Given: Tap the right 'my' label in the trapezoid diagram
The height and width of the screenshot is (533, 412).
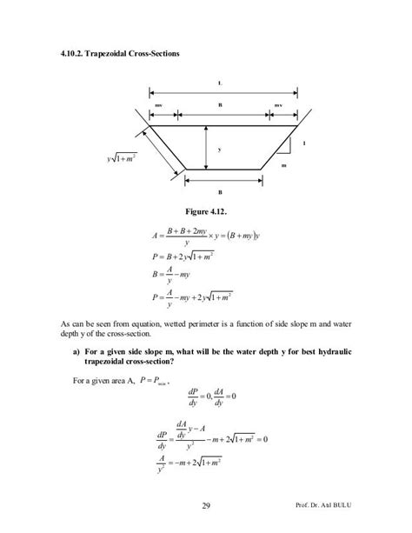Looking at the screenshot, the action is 277,105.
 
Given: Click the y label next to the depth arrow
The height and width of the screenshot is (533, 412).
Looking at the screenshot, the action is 219,149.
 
